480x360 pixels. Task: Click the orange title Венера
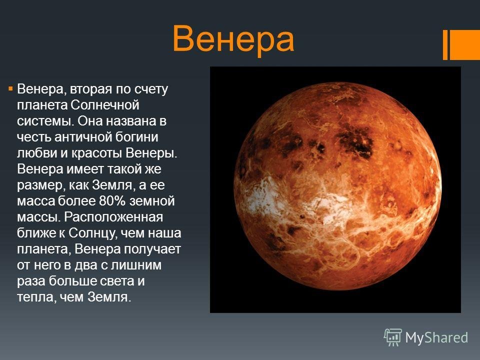click(233, 39)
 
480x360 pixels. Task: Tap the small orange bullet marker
click(10, 89)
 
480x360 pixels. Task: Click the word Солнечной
click(105, 105)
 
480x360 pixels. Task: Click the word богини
click(137, 137)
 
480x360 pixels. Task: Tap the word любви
click(36, 153)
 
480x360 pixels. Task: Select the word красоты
click(97, 153)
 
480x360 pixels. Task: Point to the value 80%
click(112, 201)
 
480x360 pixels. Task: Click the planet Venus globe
click(337, 186)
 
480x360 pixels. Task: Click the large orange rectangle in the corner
click(464, 44)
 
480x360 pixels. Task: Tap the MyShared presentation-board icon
click(392, 337)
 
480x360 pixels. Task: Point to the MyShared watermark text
click(436, 338)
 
